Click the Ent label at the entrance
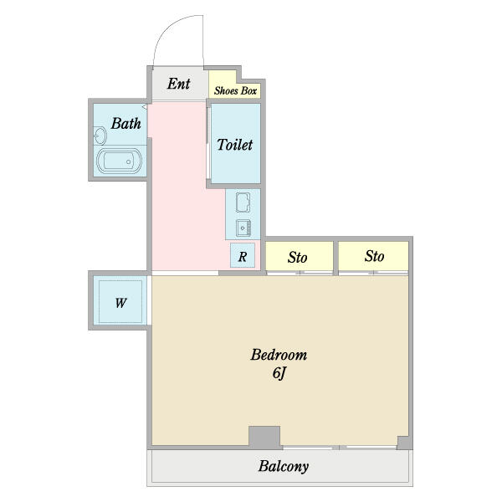(179, 84)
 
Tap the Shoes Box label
(235, 91)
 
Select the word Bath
(125, 124)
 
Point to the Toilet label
(235, 145)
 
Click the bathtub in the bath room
(119, 161)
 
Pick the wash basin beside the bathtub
(100, 136)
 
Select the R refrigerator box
(243, 255)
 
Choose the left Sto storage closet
(300, 256)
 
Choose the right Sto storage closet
(373, 256)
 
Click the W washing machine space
(120, 302)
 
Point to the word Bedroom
(279, 355)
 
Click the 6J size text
(279, 373)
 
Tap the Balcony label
(284, 467)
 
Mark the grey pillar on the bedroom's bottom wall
(264, 438)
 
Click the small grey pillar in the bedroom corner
(404, 443)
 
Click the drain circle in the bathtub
(128, 162)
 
